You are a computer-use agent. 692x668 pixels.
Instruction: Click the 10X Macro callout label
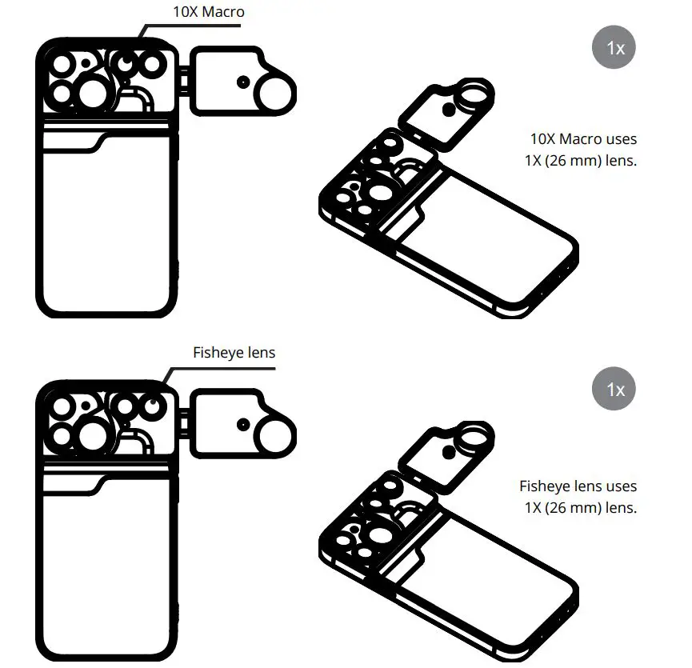(208, 12)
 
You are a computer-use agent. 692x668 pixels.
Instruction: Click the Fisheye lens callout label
(234, 352)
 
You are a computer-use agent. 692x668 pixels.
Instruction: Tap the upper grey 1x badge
(614, 47)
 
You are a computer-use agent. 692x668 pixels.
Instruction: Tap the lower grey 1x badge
(614, 390)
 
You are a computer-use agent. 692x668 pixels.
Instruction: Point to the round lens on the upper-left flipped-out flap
(275, 93)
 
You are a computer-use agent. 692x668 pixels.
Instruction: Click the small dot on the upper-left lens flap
(240, 82)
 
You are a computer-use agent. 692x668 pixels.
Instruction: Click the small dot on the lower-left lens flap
(241, 422)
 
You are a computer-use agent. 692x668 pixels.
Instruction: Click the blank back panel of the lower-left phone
(104, 568)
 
